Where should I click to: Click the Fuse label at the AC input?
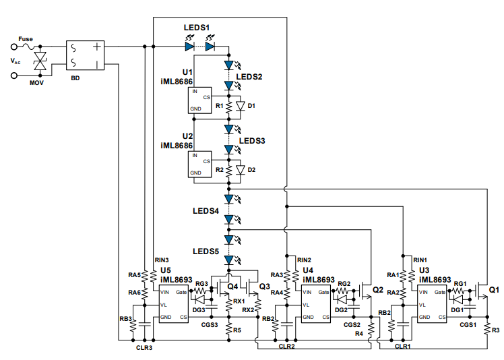pyautogui.click(x=25, y=39)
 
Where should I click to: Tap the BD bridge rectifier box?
pyautogui.click(x=86, y=57)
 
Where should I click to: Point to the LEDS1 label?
pyautogui.click(x=197, y=28)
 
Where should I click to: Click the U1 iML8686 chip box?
pyautogui.click(x=200, y=99)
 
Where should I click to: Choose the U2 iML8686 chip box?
pyautogui.click(x=200, y=164)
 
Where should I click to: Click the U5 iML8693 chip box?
pyautogui.click(x=174, y=305)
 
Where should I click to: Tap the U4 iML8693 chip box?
pyautogui.click(x=316, y=305)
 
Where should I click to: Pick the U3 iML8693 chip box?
pyautogui.click(x=433, y=305)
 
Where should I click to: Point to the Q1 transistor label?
pyautogui.click(x=494, y=290)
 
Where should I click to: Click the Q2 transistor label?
pyautogui.click(x=377, y=290)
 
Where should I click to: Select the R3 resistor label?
pyautogui.click(x=495, y=330)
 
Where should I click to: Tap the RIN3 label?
pyautogui.click(x=161, y=260)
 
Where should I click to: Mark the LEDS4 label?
pyautogui.click(x=206, y=211)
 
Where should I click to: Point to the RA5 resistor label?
pyautogui.click(x=134, y=275)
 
